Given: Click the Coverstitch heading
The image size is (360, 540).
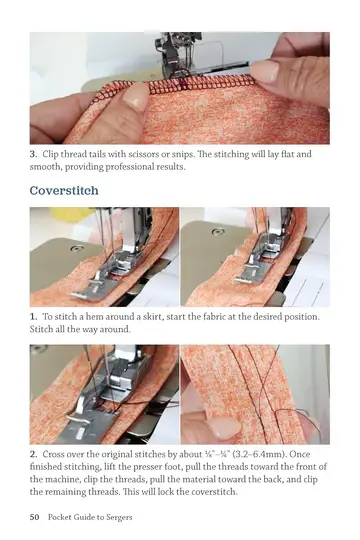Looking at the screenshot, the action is coord(64,190).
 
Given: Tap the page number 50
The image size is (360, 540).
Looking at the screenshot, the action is coord(34,517).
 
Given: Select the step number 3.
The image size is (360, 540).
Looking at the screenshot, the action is coord(33,154).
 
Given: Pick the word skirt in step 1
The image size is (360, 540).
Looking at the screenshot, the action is coord(153,316).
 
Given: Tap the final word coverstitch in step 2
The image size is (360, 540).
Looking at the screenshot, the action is coord(214,491).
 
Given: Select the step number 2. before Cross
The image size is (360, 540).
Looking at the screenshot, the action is coord(33,454).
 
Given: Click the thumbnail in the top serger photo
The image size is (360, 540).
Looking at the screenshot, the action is coord(136,96).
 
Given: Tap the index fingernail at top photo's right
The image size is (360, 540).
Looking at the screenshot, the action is coord(264,71).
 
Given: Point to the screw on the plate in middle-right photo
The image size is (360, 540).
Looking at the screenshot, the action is coord(217,232).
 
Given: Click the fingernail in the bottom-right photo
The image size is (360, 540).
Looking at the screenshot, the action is coord(225,428).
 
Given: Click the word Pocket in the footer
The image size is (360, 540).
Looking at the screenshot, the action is coord(59,517).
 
